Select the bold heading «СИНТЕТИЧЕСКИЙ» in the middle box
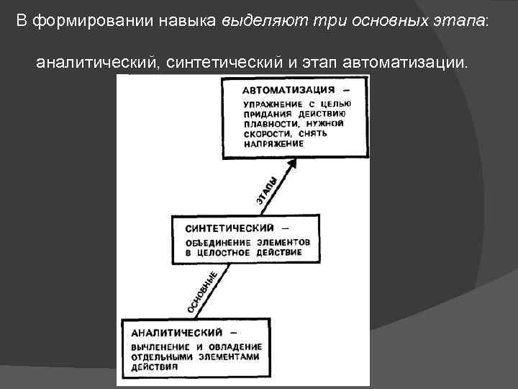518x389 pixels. point(224,228)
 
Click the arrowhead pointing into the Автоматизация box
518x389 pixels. point(291,164)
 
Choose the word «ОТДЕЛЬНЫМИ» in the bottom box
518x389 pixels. point(162,357)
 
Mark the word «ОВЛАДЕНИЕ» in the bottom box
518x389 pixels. point(235,347)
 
